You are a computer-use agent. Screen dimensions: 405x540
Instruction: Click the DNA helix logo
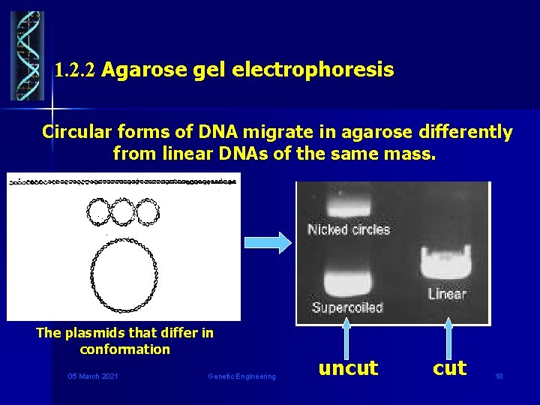pos(27,55)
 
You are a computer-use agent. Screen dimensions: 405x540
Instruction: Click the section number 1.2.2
pos(76,71)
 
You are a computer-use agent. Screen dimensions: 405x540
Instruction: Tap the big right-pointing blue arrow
pos(268,241)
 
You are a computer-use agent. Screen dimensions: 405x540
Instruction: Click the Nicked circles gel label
pos(349,229)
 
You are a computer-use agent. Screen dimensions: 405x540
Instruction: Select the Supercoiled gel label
pos(347,307)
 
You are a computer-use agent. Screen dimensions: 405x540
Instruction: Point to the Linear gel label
pos(447,294)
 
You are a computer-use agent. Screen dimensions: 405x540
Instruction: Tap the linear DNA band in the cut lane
pos(447,263)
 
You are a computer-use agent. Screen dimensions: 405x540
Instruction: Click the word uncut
pos(348,368)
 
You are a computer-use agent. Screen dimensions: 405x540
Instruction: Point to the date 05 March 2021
pos(92,376)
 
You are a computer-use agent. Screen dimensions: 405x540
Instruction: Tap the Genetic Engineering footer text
pos(241,376)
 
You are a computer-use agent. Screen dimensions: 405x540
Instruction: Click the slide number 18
pos(499,376)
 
